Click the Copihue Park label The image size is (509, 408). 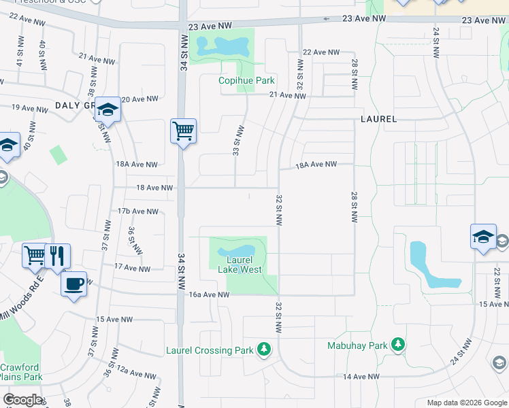point(245,80)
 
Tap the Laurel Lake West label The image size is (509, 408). point(240,265)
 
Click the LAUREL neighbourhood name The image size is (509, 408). point(378,118)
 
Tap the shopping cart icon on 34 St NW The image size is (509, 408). point(183,130)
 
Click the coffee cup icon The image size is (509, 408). point(74,283)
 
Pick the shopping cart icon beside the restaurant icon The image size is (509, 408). point(34,256)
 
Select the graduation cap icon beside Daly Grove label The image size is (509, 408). point(108,109)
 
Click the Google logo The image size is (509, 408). point(22,400)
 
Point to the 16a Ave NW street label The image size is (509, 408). point(209,295)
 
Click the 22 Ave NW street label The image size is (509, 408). point(321,52)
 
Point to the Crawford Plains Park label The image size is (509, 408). point(21,372)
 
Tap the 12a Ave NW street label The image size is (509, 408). point(137,374)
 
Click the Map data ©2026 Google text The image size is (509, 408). point(466,403)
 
